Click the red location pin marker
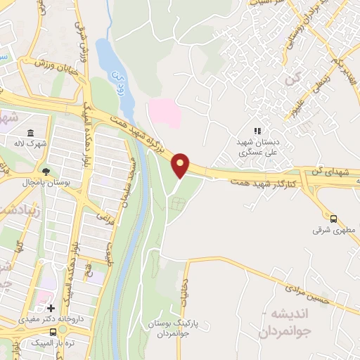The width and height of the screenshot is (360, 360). (181, 165)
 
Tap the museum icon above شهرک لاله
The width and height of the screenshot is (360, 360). (30, 134)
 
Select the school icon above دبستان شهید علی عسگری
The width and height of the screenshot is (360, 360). (257, 131)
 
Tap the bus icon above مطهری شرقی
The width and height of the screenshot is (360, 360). (334, 219)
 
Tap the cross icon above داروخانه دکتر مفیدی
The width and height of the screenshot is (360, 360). (51, 308)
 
